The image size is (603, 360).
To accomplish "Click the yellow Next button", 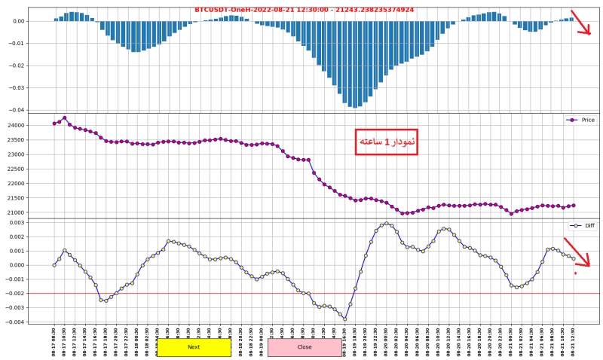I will tap(194, 347).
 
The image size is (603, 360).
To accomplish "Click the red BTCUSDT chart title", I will tap(304, 10).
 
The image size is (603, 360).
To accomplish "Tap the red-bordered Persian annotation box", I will tap(386, 142).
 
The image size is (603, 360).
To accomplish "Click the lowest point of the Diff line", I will tap(345, 319).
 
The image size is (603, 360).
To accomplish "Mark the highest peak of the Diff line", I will tap(387, 223).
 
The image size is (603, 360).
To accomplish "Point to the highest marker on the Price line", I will tap(65, 117).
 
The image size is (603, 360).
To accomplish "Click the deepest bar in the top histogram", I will tap(355, 107).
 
